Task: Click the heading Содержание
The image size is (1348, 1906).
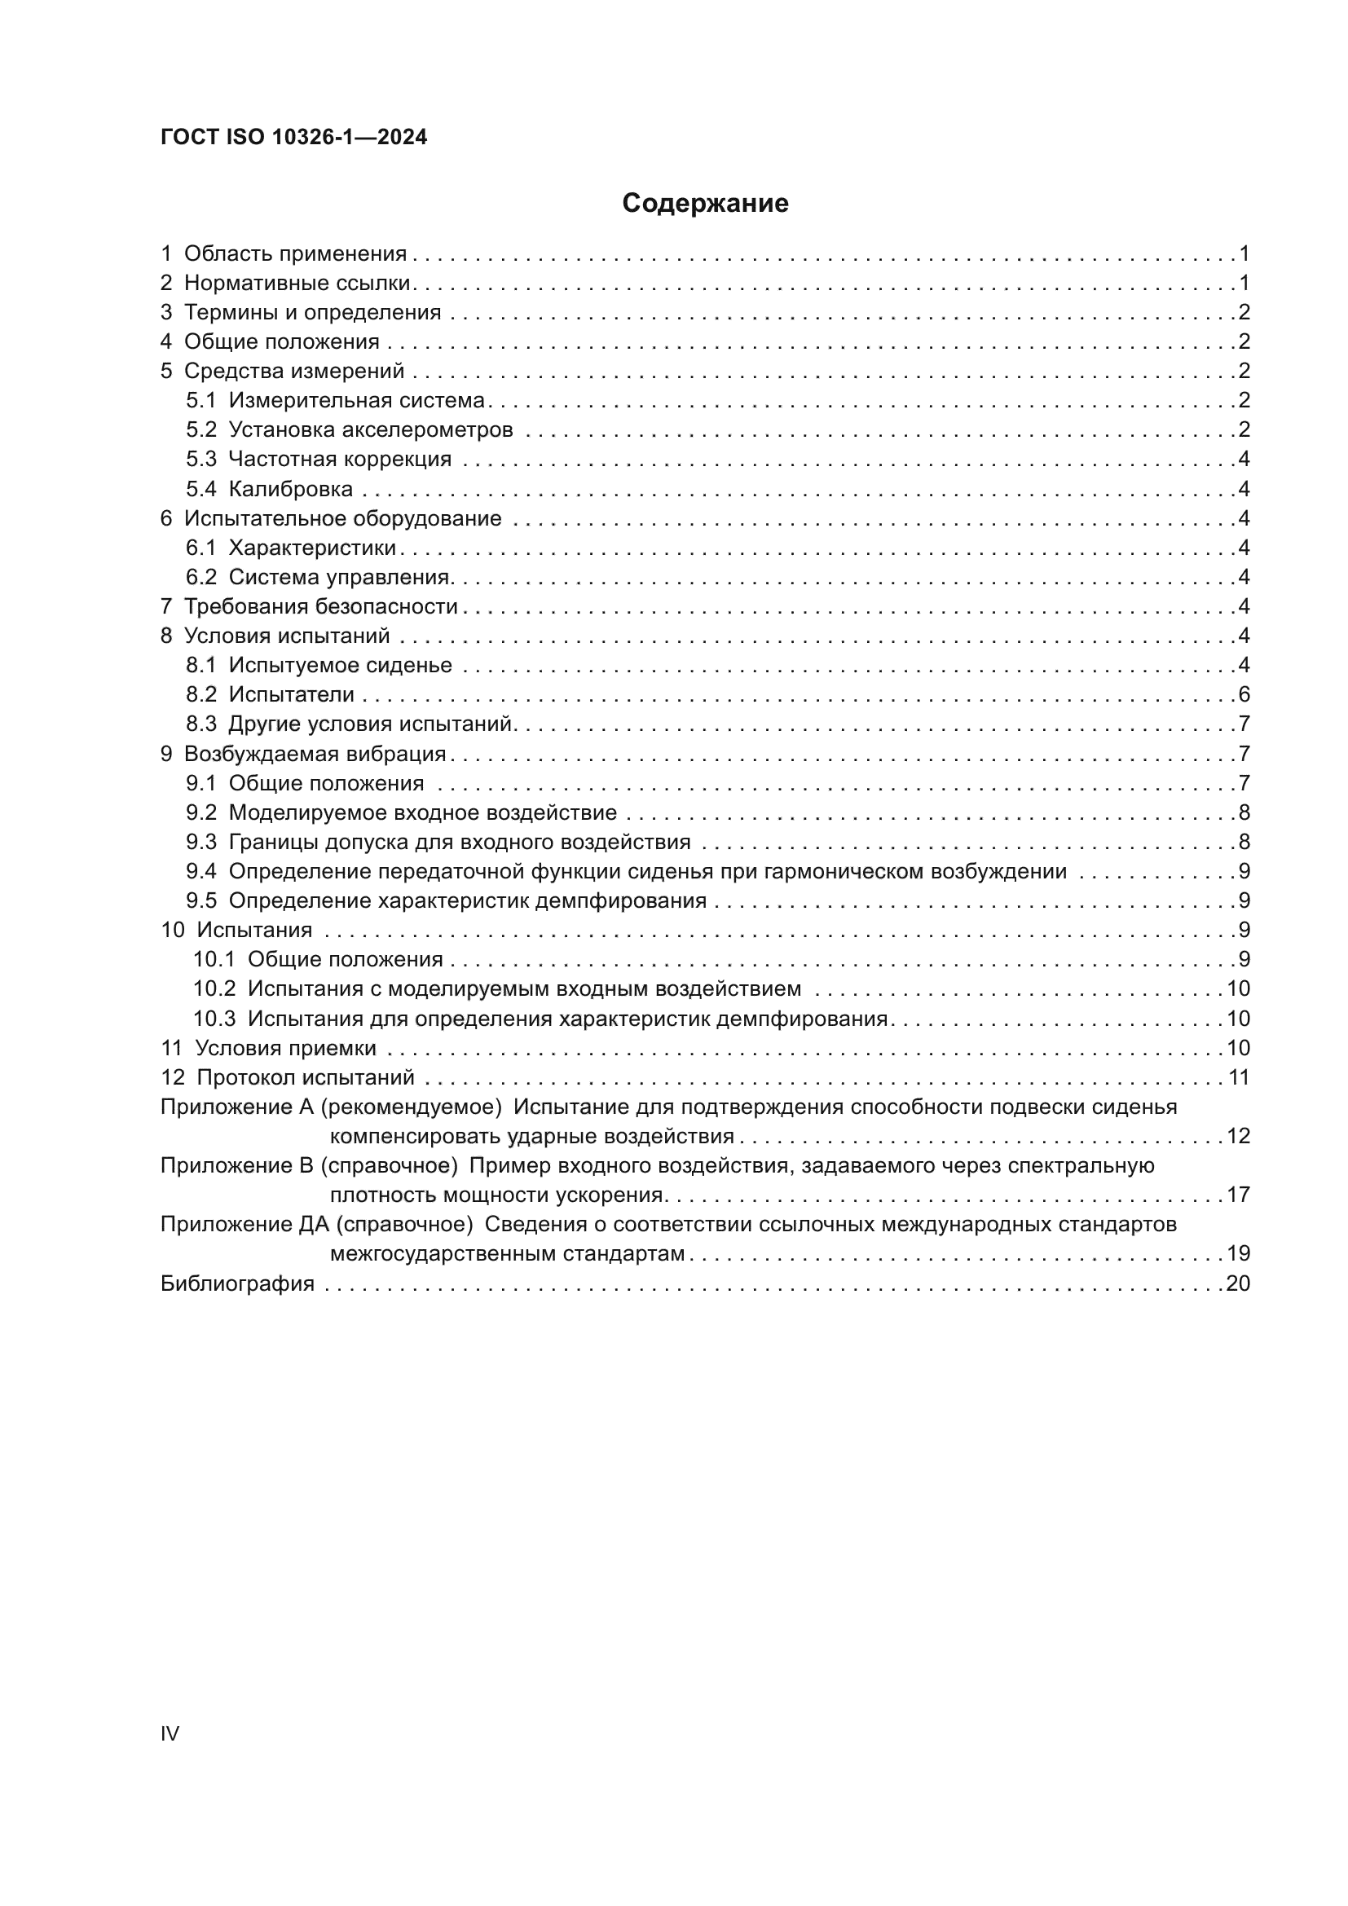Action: click(x=705, y=204)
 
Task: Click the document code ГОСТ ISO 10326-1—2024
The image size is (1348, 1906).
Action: click(x=294, y=138)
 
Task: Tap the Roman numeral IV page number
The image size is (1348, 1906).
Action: click(x=170, y=1733)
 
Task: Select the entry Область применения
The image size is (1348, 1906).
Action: click(x=295, y=254)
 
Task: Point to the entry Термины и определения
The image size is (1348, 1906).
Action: click(x=312, y=313)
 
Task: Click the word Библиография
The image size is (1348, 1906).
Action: click(x=237, y=1284)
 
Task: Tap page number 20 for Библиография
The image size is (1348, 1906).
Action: click(x=1238, y=1284)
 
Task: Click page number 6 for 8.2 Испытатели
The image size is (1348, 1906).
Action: click(x=1244, y=695)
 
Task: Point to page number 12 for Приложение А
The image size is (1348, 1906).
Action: click(x=1238, y=1137)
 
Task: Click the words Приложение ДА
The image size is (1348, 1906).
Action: click(x=245, y=1225)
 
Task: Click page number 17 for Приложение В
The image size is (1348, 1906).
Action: click(x=1238, y=1195)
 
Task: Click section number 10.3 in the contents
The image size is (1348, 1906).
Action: click(x=214, y=1019)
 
